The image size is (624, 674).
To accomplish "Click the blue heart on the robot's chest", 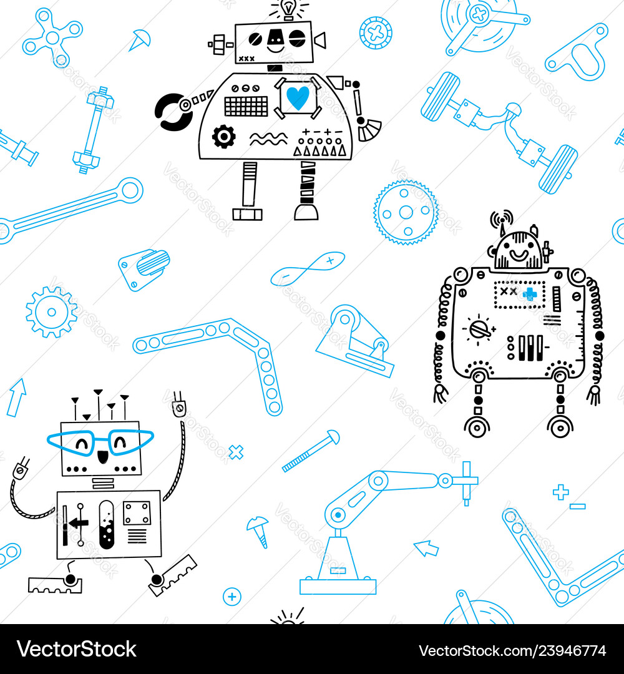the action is pos(298,97).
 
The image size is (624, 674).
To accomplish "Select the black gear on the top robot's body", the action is pos(223,137).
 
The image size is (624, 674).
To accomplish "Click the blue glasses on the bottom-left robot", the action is pos(100,442).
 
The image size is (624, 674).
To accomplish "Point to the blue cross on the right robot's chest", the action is pos(530,295).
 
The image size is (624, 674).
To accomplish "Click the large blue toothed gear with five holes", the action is pos(406,212).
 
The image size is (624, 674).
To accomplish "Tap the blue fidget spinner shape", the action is pos(52,37).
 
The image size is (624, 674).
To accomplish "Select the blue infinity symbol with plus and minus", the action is pos(308,269).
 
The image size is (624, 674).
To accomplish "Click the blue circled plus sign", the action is pos(232,597).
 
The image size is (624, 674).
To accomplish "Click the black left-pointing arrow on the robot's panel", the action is pos(79,523).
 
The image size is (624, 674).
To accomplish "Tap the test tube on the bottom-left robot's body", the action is pos(107,524).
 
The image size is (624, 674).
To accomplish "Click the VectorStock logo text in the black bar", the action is pos(77,649).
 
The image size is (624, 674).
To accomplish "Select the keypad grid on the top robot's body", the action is pos(246,105).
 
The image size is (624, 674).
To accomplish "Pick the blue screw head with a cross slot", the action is pos(376,33).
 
